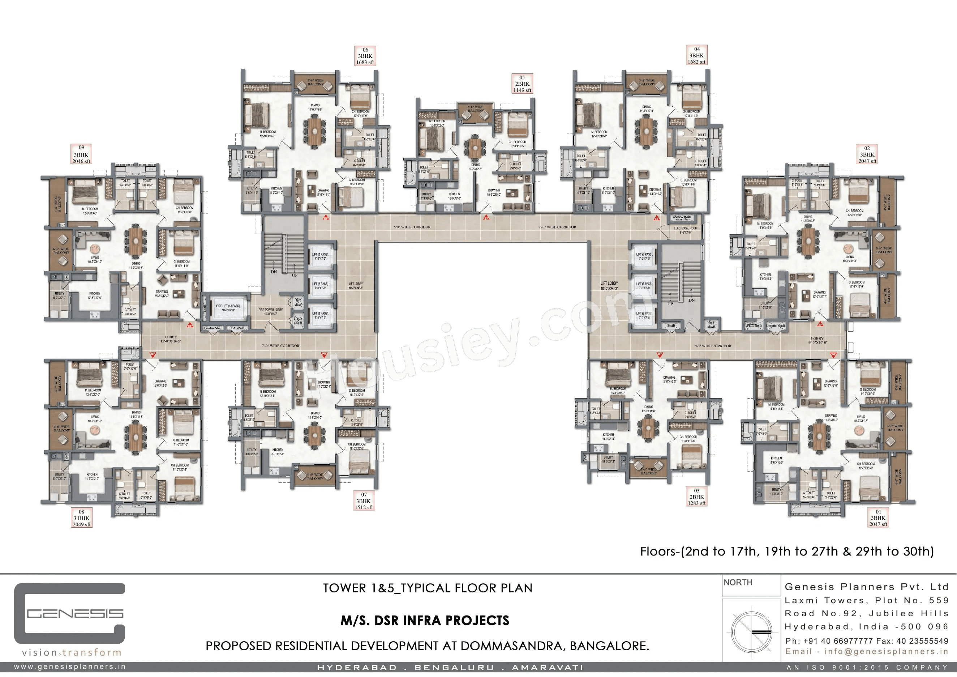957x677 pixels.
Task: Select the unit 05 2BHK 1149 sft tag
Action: click(x=522, y=84)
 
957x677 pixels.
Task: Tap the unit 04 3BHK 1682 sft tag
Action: click(x=696, y=55)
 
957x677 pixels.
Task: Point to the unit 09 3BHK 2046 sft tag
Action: click(x=81, y=154)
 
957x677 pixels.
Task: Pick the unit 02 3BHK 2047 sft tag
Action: click(x=867, y=154)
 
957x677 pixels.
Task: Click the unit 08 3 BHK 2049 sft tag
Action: click(x=82, y=518)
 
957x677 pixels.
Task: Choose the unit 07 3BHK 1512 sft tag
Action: click(x=364, y=501)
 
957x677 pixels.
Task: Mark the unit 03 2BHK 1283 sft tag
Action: click(x=697, y=497)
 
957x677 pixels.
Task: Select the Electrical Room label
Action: click(x=686, y=230)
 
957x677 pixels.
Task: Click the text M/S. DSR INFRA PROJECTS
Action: click(x=425, y=621)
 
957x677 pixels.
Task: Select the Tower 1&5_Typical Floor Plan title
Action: click(x=428, y=588)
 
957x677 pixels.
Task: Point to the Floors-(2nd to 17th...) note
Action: click(x=787, y=552)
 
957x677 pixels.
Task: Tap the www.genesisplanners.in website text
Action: click(x=70, y=667)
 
